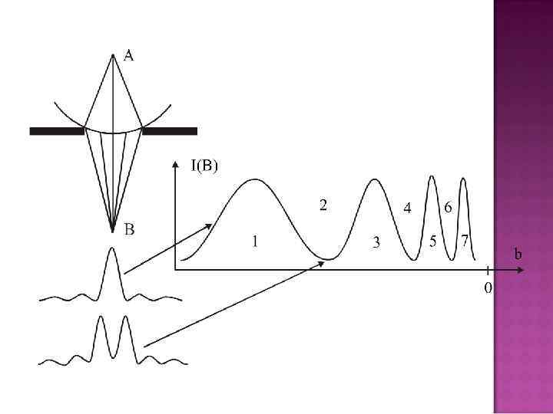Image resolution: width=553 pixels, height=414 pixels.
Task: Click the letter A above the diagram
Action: click(129, 56)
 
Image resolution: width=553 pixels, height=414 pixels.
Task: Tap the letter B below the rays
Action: click(130, 228)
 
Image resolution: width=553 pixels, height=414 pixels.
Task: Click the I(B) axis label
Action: click(204, 164)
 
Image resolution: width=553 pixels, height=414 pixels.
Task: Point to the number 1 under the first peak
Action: click(255, 242)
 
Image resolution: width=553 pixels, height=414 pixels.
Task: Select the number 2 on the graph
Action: click(324, 205)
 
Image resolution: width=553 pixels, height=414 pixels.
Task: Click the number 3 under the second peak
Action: click(376, 242)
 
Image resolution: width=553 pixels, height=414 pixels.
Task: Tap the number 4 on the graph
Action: click(407, 208)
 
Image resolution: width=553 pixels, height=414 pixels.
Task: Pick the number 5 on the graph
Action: click(433, 242)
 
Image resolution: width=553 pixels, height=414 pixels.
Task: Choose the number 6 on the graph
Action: click(447, 208)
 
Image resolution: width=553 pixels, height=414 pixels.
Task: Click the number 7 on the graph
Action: click(465, 241)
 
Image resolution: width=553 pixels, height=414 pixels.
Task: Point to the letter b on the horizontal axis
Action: click(519, 253)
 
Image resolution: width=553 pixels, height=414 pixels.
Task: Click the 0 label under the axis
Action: click(488, 288)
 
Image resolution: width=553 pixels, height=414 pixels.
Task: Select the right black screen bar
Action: click(170, 131)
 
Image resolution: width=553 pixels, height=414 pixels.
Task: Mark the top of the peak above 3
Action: click(375, 179)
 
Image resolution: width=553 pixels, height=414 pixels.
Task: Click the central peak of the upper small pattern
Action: click(113, 248)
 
